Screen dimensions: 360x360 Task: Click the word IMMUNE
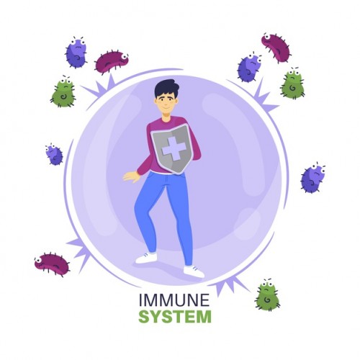point(174,300)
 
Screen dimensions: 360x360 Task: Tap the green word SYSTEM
point(175,317)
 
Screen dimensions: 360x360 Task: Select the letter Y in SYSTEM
point(156,317)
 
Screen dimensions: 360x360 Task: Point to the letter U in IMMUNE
point(179,300)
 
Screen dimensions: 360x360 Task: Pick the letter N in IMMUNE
point(193,300)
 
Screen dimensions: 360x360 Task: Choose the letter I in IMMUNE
point(140,300)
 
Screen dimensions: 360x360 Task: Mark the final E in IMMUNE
point(205,300)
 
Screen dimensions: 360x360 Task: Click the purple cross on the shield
point(174,148)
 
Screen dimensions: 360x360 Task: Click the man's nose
point(166,103)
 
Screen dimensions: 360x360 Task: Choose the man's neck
point(166,117)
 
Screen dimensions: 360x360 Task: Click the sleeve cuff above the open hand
point(140,172)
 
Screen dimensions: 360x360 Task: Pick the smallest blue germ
point(54,154)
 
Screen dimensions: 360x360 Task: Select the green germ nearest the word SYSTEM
point(268,295)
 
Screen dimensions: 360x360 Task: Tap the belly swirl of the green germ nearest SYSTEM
point(267,300)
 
